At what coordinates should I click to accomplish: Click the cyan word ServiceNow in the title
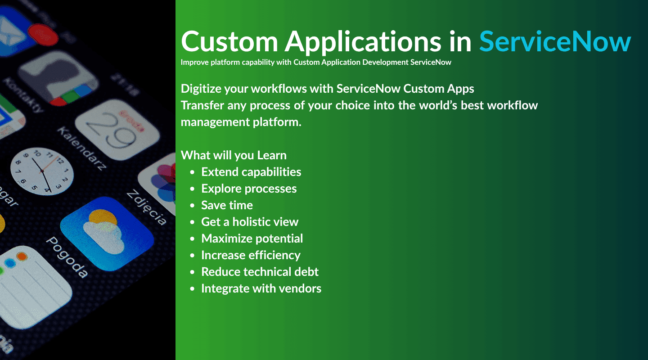(555, 41)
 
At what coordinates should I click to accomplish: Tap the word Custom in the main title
(229, 41)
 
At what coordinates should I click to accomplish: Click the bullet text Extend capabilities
(251, 172)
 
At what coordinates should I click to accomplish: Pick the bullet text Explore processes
(249, 189)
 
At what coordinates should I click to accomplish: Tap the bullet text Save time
(227, 205)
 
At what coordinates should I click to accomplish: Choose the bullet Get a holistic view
(250, 222)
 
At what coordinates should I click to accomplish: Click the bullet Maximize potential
(252, 239)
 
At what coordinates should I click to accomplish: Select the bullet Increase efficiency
(251, 255)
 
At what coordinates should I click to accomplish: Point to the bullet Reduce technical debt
(260, 272)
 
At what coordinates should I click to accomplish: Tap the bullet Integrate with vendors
(261, 288)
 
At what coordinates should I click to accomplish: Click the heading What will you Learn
(234, 155)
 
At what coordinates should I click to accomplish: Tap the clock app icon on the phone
(42, 171)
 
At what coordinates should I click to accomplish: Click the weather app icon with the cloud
(107, 234)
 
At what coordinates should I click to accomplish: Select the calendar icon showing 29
(117, 129)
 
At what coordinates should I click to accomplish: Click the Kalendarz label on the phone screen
(81, 148)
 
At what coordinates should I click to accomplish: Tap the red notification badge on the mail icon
(43, 35)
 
